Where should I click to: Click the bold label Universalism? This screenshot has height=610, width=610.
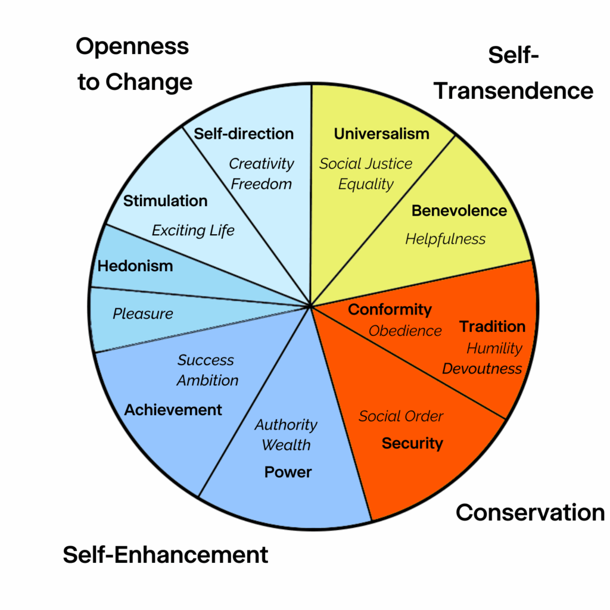tap(381, 133)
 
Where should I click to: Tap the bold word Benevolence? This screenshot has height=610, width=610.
tap(459, 210)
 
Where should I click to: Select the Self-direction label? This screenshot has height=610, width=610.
tap(244, 133)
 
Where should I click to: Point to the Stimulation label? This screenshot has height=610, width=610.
tap(165, 201)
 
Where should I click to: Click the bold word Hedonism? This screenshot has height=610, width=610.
tap(135, 266)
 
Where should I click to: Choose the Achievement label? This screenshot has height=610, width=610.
tap(173, 410)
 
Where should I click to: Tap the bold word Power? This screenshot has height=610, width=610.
tap(288, 472)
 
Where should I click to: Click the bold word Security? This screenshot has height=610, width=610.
tap(412, 443)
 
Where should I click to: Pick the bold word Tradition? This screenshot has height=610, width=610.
tap(492, 326)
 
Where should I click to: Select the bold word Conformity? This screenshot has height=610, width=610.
tap(390, 309)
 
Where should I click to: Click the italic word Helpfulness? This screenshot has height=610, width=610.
tap(446, 239)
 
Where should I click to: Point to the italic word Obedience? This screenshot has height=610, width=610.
tap(405, 331)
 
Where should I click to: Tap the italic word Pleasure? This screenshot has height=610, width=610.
tap(143, 313)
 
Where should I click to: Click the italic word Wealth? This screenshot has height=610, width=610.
tap(286, 445)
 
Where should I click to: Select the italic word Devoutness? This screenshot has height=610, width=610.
tap(482, 369)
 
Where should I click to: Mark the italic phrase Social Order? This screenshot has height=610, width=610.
tap(401, 416)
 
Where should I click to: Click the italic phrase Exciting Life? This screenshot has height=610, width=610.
tap(193, 230)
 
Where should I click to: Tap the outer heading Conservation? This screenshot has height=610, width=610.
tap(530, 512)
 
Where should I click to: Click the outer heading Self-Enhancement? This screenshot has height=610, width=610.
tap(166, 555)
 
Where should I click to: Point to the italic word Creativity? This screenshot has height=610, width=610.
tap(262, 163)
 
